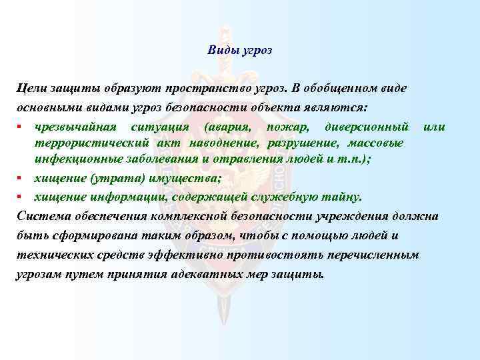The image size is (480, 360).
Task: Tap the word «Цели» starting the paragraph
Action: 30,89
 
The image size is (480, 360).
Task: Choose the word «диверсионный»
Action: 365,127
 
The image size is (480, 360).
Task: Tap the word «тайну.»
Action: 343,197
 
